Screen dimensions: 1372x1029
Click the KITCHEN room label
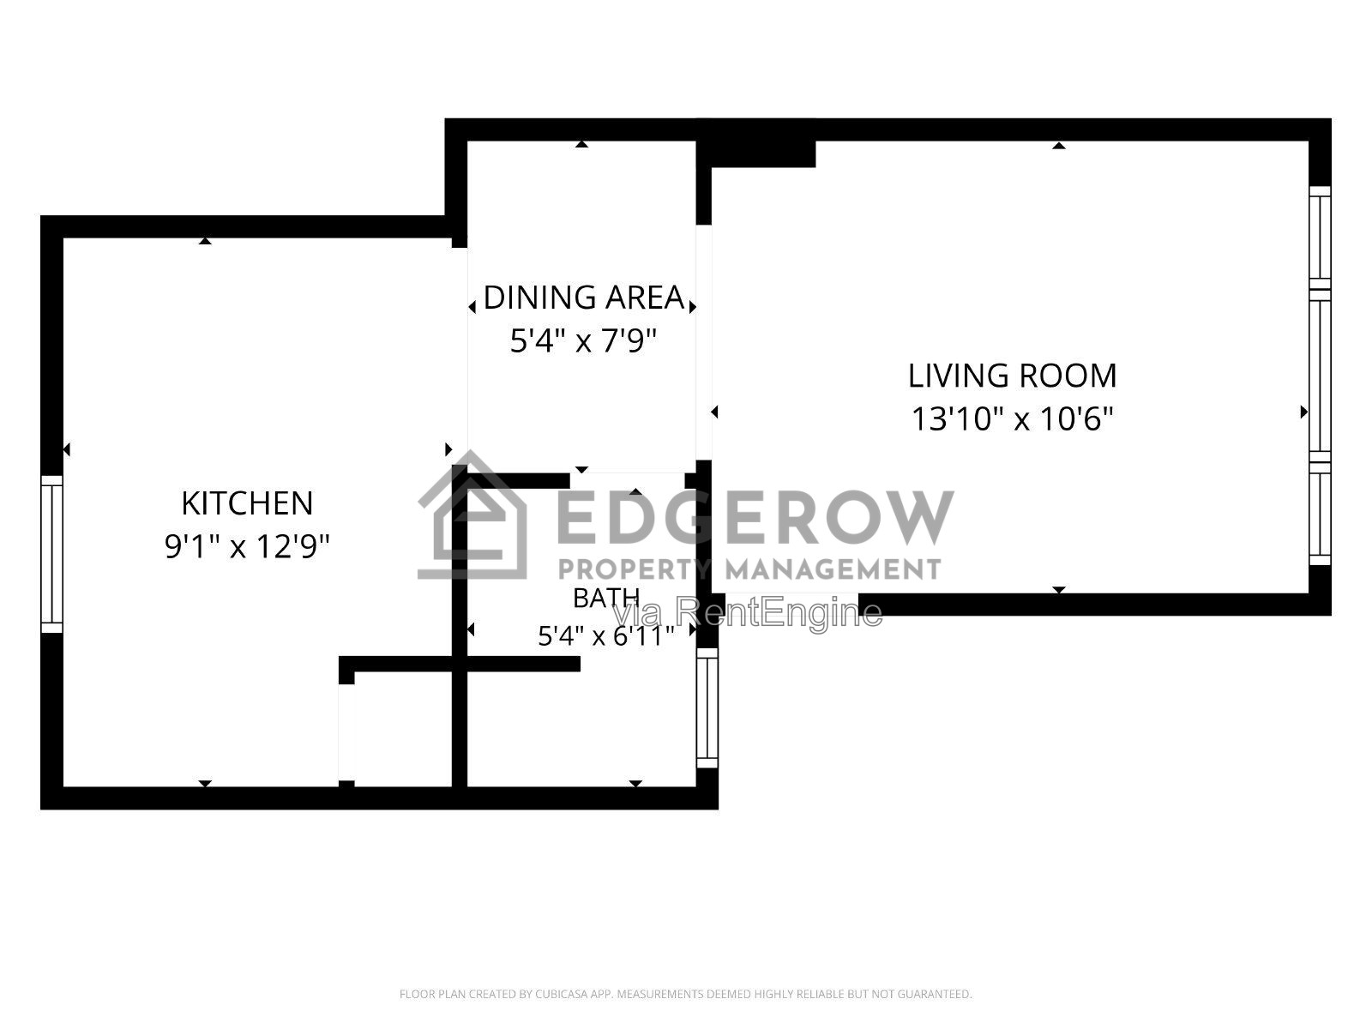pos(247,503)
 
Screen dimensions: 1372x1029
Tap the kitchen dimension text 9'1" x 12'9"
pos(247,547)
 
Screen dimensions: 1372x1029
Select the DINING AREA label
pos(583,298)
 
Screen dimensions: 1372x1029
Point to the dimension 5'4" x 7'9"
pos(583,341)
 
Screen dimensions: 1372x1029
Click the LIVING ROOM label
pos(1012,376)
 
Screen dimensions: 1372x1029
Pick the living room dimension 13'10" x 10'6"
pos(1012,418)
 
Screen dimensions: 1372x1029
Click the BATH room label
pos(605,599)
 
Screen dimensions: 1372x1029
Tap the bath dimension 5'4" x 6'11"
pos(605,636)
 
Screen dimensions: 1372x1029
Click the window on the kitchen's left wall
pos(52,554)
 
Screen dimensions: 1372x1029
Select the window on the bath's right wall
pos(707,708)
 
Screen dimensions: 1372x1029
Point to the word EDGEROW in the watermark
pos(755,517)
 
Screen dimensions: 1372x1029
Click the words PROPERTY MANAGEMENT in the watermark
pos(749,569)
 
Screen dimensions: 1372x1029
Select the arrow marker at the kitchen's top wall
pos(205,241)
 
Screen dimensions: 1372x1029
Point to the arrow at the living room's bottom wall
pos(1059,590)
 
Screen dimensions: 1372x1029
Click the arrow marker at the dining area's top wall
pos(582,144)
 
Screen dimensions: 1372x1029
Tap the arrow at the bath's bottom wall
pos(635,784)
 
